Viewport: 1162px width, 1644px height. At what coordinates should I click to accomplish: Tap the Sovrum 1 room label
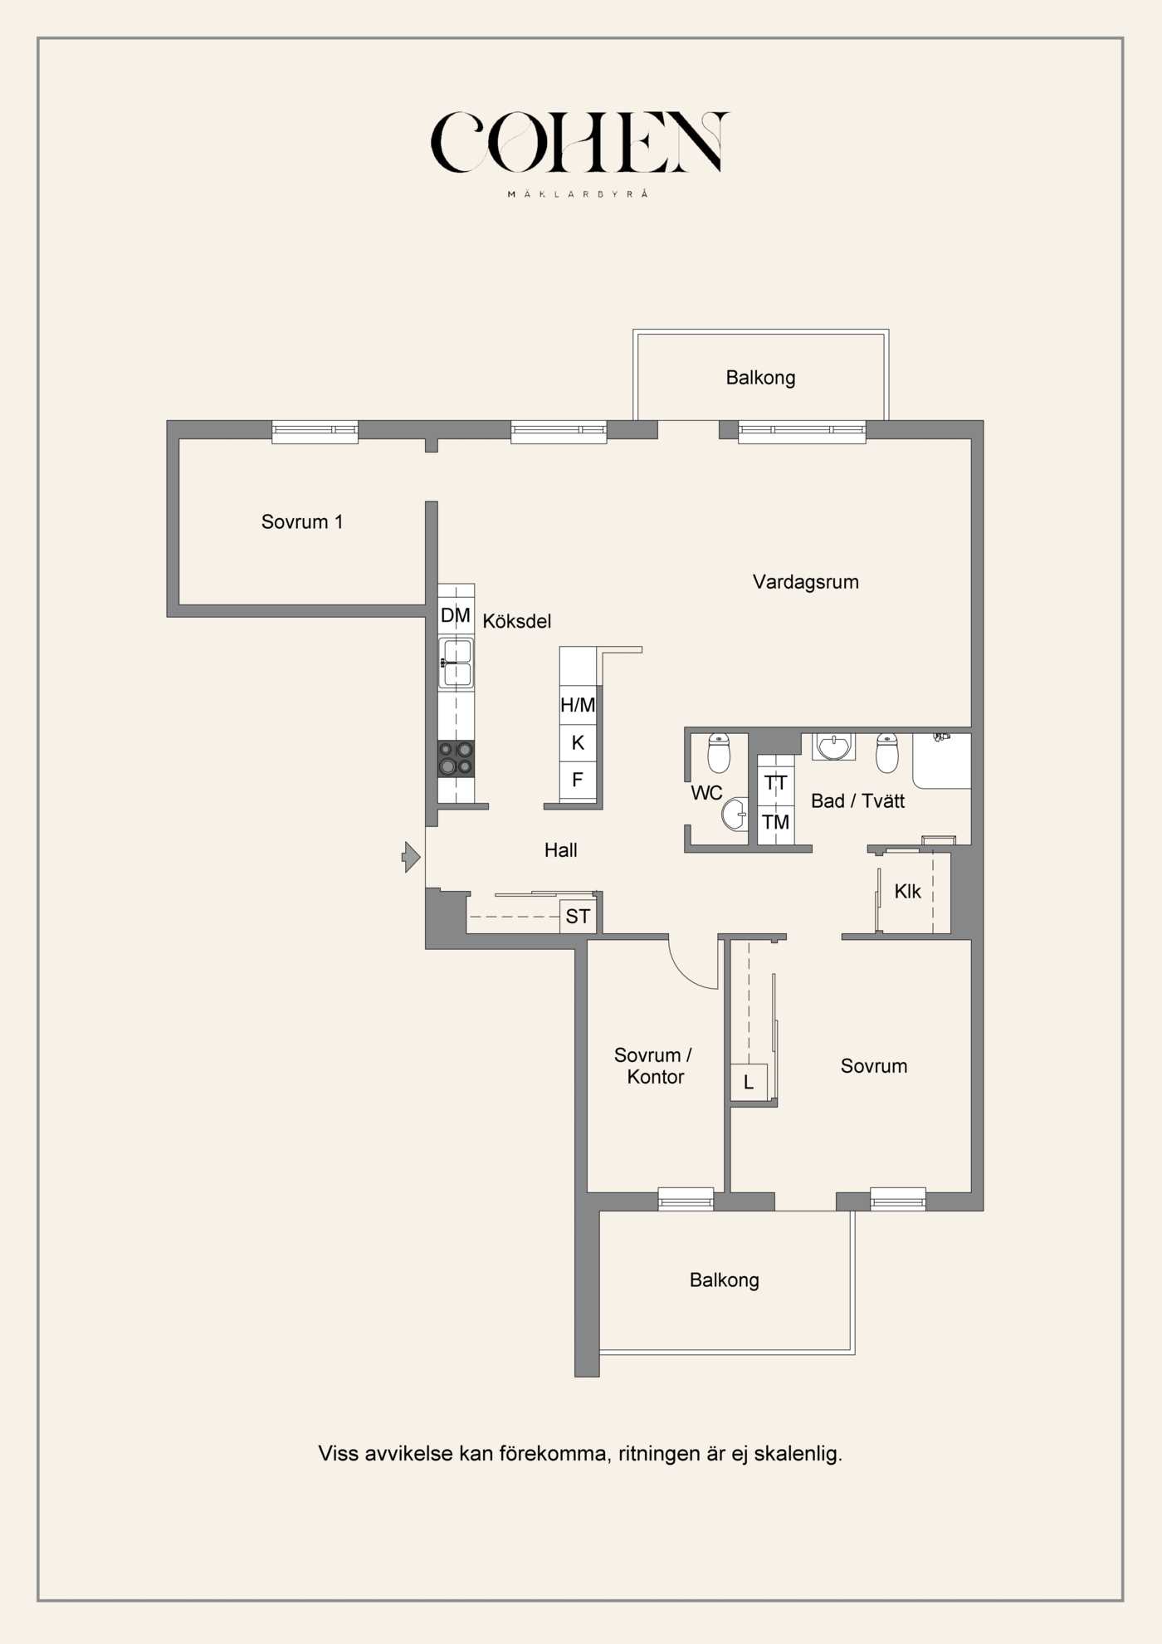[x=302, y=522]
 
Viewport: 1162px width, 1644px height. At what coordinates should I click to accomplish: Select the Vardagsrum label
[x=806, y=582]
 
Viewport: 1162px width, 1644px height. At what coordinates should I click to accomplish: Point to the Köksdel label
[x=516, y=621]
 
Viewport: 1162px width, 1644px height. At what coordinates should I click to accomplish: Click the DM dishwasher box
[x=456, y=615]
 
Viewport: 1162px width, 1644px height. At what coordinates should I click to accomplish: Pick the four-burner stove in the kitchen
[x=456, y=759]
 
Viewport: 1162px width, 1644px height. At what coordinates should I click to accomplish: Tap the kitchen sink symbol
[x=456, y=663]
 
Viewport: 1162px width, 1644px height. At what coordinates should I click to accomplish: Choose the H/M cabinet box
[x=578, y=705]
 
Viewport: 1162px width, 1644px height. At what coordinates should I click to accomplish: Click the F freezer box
[x=578, y=780]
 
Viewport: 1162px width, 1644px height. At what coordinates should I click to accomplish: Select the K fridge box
[x=578, y=743]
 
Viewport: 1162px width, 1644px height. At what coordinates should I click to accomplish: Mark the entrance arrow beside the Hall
[x=411, y=857]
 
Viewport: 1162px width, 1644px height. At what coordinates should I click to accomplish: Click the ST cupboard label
[x=578, y=917]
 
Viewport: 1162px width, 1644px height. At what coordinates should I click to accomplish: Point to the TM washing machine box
[x=776, y=823]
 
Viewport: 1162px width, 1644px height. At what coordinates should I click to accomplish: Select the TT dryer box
[x=776, y=783]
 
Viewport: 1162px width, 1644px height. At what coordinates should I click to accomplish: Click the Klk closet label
[x=907, y=892]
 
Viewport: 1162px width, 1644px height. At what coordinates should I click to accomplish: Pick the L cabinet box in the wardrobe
[x=749, y=1082]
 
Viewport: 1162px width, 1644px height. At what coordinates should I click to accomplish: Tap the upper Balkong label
[x=760, y=378]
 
